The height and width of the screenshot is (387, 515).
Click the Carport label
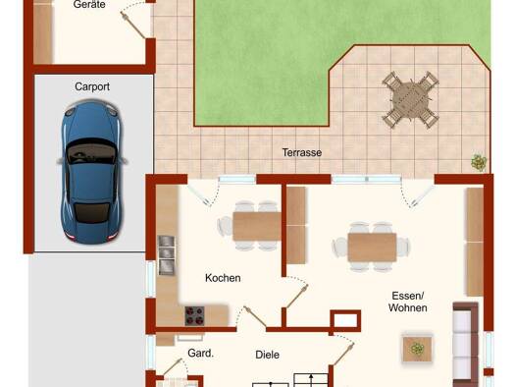pos(92,86)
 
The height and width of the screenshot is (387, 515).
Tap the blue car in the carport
pos(91,172)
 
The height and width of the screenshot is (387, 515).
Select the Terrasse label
pos(302,152)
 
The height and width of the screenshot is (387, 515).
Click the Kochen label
pos(223,278)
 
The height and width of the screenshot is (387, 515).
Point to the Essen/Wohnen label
pos(408,302)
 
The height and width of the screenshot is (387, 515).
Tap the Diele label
pos(268,355)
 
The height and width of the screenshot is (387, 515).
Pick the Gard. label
pos(200,354)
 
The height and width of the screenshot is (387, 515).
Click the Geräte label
pos(89,5)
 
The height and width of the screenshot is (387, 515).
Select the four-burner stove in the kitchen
pos(195,315)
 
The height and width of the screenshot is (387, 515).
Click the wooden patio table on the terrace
pos(411,99)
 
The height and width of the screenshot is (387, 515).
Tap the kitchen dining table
pos(257,227)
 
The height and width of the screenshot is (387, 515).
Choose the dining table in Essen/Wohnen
pos(372,248)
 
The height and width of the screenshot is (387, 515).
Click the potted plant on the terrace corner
pos(479,162)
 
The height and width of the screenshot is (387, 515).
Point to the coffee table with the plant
pos(417,348)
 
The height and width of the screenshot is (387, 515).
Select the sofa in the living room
pos(466,345)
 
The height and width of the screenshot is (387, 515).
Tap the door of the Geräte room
pos(132,25)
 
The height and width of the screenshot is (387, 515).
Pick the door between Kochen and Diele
pos(255,317)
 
